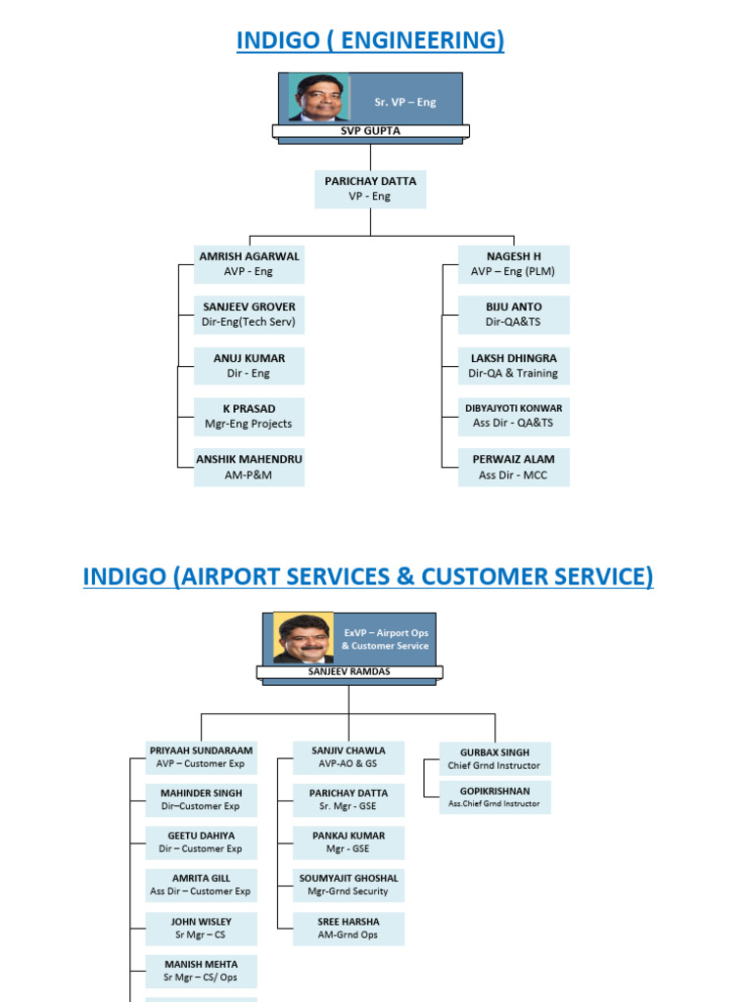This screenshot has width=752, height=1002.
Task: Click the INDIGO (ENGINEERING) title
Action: (370, 40)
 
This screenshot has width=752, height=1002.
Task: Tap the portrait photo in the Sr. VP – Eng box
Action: (319, 98)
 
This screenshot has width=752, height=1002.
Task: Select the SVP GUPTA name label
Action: (370, 130)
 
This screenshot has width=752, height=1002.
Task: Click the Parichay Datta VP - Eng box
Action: (370, 188)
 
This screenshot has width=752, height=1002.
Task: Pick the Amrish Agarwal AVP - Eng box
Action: (249, 263)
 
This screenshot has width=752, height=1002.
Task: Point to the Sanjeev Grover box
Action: (249, 314)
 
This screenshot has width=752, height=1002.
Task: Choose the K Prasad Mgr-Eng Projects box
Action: (249, 416)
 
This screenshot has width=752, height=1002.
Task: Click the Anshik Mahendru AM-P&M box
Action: (249, 467)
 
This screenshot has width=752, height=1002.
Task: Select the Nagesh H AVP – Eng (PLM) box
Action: (513, 263)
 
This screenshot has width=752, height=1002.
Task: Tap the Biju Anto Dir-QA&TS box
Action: (513, 314)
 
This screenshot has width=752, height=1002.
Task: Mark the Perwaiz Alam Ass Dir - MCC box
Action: (513, 467)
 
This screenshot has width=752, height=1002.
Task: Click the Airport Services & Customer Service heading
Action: (368, 576)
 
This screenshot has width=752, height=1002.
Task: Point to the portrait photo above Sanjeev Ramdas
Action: (304, 638)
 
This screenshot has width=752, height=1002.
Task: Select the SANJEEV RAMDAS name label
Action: (350, 672)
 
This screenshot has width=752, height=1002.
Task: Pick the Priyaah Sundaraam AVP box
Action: (202, 757)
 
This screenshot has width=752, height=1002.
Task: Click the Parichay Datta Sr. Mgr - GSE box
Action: (349, 799)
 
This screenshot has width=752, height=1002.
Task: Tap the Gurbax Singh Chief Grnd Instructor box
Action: (494, 758)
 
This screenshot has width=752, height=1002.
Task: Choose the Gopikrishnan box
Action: (494, 796)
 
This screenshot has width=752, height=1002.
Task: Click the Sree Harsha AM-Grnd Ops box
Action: (349, 929)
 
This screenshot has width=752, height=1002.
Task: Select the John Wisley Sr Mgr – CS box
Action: (202, 929)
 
